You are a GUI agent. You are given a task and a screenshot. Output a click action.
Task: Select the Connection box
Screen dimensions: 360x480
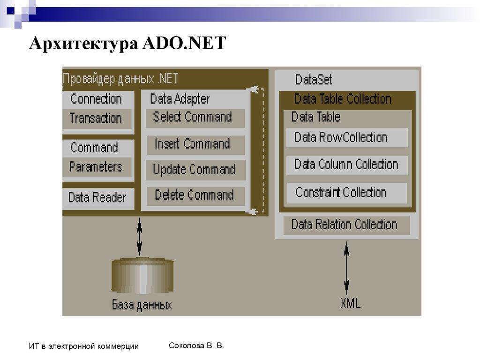[x=96, y=99]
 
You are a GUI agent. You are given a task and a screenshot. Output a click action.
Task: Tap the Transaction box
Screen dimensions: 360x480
[x=96, y=119]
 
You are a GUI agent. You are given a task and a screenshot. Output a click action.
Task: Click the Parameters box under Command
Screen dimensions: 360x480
[x=96, y=167]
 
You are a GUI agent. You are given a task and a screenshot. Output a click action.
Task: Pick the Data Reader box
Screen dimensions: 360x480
[x=97, y=198]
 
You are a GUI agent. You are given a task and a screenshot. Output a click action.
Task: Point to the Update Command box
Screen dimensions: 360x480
[x=194, y=170]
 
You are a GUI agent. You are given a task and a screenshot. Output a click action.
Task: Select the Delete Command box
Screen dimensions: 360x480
[x=194, y=195]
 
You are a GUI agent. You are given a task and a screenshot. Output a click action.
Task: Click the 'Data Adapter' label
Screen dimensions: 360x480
[x=180, y=99]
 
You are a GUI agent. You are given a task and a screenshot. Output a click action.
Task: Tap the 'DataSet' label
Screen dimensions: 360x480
[x=314, y=80]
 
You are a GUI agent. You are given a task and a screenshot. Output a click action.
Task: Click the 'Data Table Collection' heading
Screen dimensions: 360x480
[x=343, y=99]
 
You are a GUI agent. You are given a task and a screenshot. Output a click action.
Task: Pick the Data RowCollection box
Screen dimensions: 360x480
[x=346, y=138]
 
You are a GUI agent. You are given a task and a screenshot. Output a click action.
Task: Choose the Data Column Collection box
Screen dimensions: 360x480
[x=346, y=165]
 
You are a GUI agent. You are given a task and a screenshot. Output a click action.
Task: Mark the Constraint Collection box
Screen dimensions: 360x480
[x=346, y=193]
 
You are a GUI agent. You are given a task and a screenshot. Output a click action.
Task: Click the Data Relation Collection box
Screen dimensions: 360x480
[x=345, y=225]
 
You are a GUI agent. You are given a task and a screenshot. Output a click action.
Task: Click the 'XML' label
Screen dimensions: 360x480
[x=350, y=304]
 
